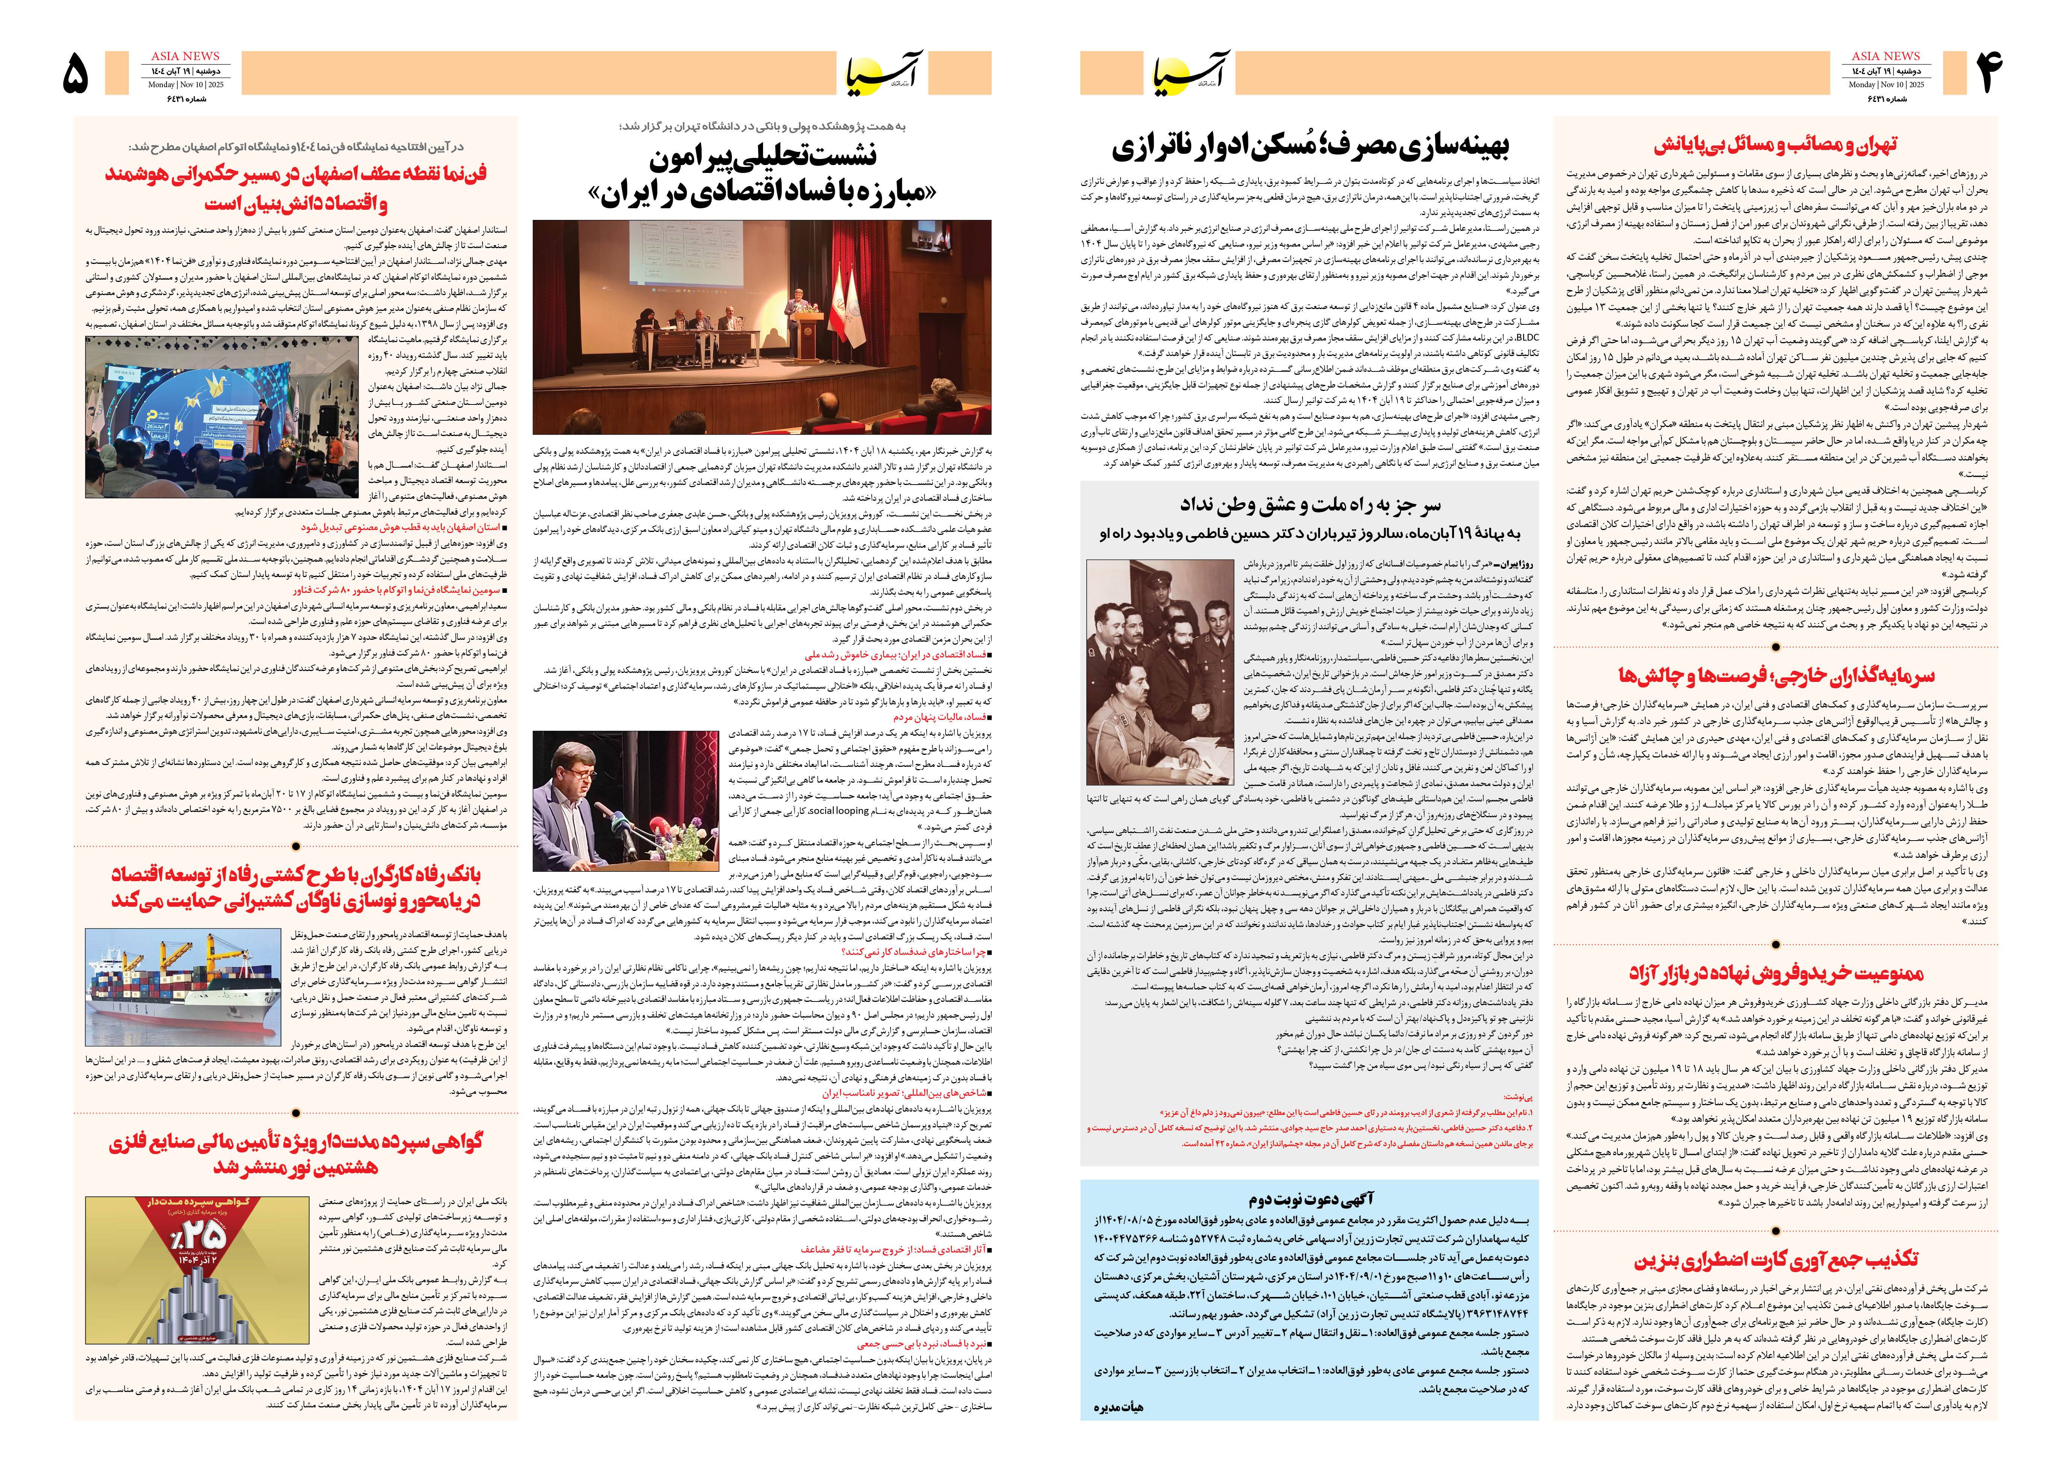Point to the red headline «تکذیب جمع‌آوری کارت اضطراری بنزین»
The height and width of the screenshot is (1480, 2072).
pyautogui.click(x=1776, y=1259)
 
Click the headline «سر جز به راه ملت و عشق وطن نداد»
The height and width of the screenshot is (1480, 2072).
pyautogui.click(x=1310, y=504)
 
